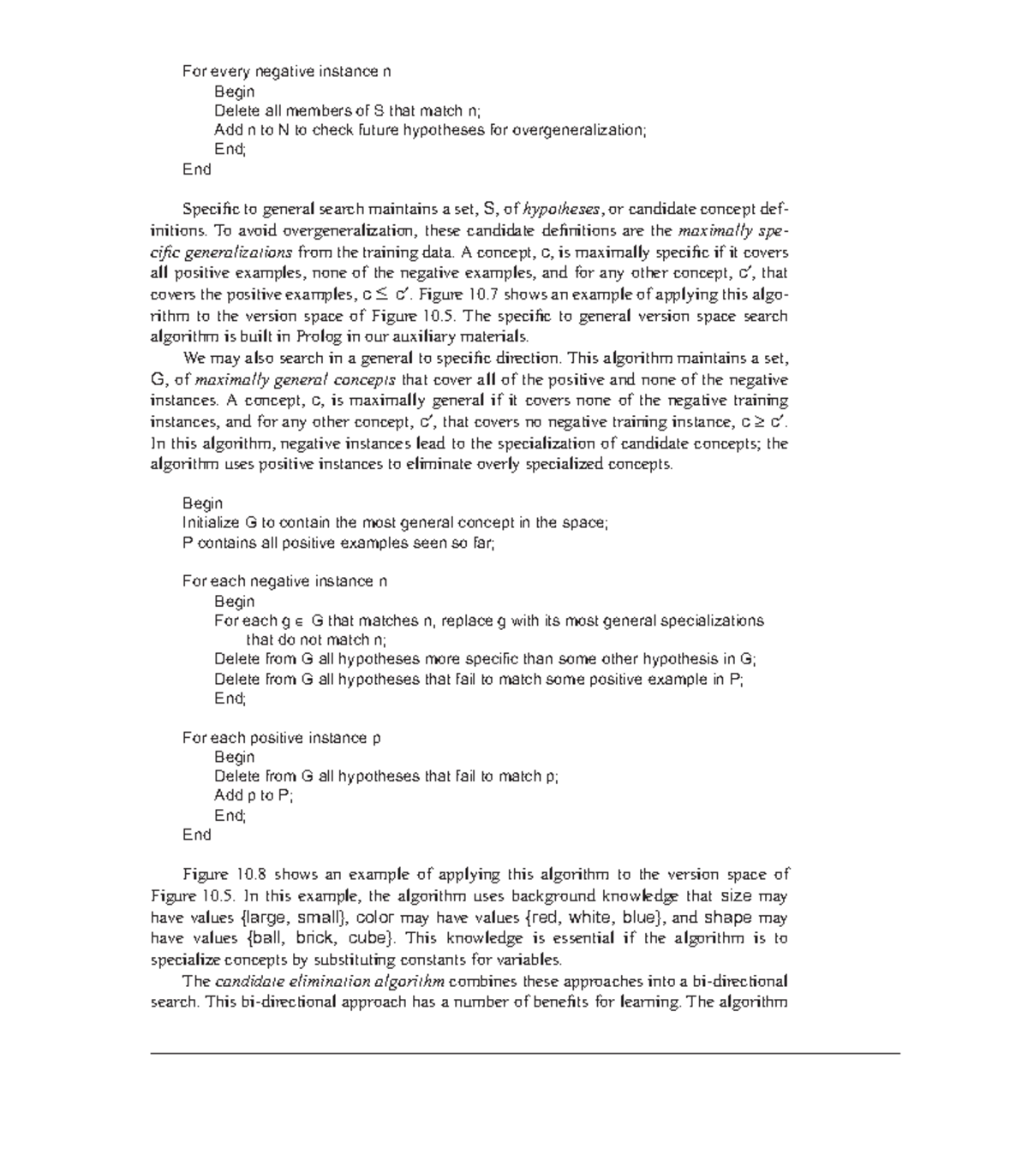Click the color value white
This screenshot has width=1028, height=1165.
589,918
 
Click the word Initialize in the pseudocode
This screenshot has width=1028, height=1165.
212,523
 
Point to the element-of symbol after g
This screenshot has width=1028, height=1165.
298,621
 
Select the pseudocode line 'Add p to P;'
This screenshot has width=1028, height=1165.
254,796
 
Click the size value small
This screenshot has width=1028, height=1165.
320,918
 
